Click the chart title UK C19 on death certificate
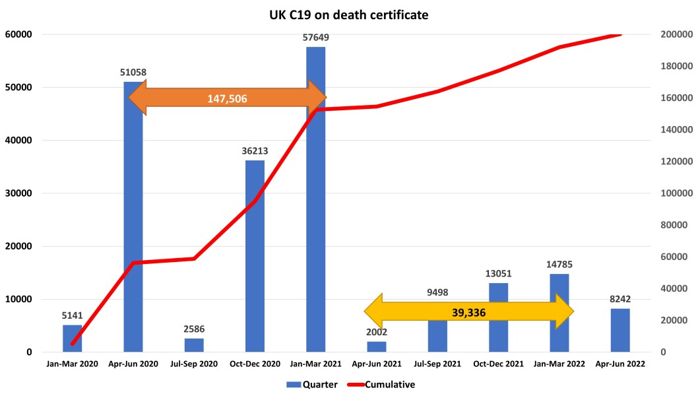[348, 13]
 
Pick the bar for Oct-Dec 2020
[255, 257]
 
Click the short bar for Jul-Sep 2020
[194, 345]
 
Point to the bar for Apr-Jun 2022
[620, 330]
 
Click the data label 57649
[316, 38]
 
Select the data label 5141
[73, 315]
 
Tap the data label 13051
[499, 273]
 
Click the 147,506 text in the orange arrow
[227, 98]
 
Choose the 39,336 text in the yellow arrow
[468, 312]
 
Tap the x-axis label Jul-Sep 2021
[438, 364]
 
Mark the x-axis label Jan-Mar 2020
[73, 364]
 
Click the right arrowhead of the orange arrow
[318, 98]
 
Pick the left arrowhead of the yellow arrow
[373, 312]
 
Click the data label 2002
[377, 332]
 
